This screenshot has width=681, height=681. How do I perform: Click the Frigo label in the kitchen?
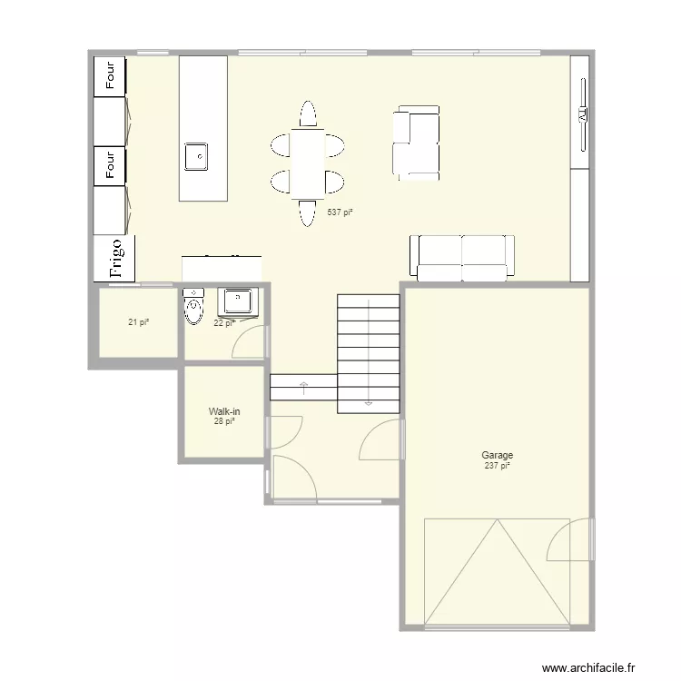click(x=115, y=258)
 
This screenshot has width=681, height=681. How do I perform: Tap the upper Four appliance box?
click(x=111, y=76)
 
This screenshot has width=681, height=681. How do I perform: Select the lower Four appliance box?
click(x=111, y=165)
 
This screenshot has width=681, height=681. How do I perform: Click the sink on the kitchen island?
click(x=196, y=156)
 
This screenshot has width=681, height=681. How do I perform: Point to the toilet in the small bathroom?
click(x=193, y=308)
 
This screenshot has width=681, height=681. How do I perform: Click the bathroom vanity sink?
click(x=239, y=299)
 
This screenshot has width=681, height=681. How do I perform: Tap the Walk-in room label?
click(x=224, y=411)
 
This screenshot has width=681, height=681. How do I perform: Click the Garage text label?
click(x=497, y=456)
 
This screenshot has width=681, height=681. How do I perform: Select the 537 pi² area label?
click(x=340, y=212)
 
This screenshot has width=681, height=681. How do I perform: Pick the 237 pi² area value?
click(x=497, y=466)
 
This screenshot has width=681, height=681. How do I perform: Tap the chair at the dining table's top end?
click(x=307, y=115)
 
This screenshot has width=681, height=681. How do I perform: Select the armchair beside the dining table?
click(x=416, y=142)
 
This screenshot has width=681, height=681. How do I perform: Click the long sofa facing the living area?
click(x=461, y=257)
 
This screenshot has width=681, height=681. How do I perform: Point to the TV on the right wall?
click(x=580, y=116)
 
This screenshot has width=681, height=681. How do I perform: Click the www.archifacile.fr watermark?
click(x=599, y=668)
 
